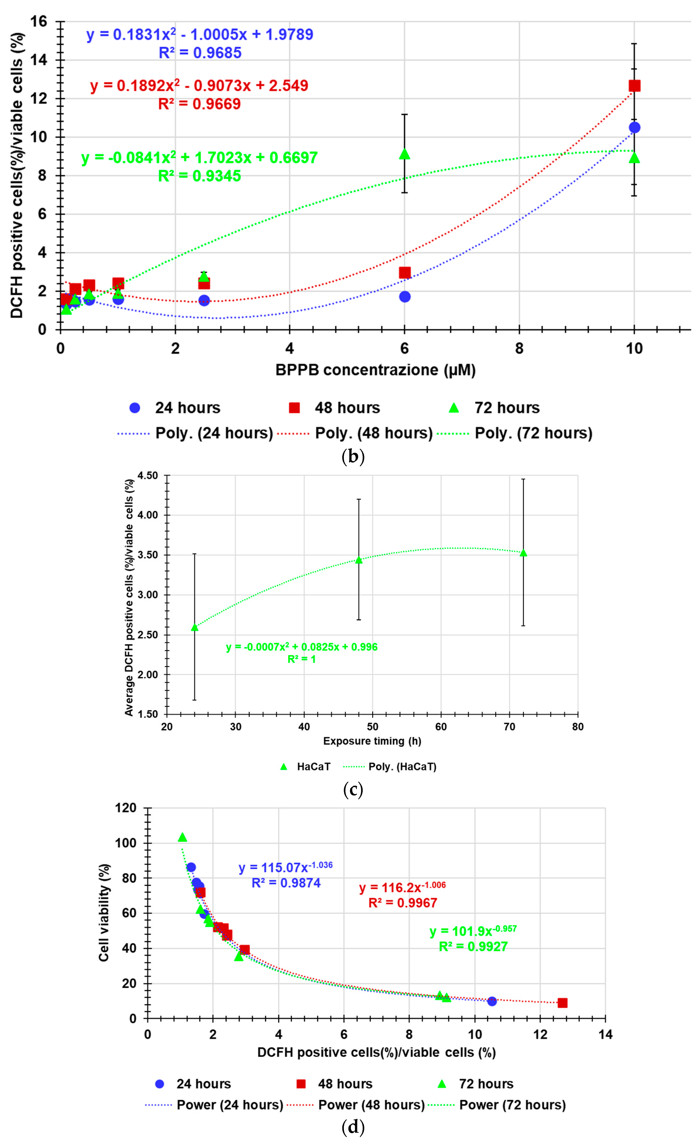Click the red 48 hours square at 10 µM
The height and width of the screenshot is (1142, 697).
point(634,86)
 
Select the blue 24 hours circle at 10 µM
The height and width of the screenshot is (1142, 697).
point(634,128)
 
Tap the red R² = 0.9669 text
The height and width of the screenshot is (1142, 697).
point(199,104)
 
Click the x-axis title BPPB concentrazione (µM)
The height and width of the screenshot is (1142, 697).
point(375,370)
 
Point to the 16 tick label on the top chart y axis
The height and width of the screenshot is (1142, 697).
point(39,21)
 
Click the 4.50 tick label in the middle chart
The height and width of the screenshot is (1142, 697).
point(147,475)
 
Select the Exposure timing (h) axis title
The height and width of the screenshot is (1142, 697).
point(372,741)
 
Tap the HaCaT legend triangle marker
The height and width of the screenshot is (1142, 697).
point(284,767)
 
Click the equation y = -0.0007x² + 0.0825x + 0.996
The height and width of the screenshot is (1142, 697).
point(302,647)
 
